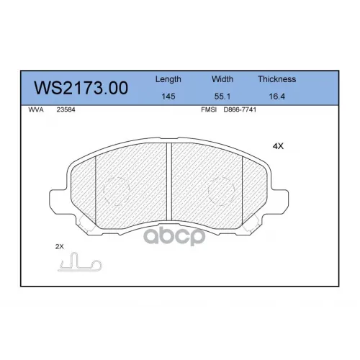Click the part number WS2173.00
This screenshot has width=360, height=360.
[x=81, y=88]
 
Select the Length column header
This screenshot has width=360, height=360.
[x=168, y=79]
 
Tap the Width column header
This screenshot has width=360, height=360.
[x=222, y=79]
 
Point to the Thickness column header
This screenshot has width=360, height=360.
[x=276, y=79]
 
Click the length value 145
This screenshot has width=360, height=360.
[x=168, y=96]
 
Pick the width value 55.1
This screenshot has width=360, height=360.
[x=222, y=96]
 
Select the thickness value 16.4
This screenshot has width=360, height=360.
[x=276, y=96]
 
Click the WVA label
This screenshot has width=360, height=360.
[x=36, y=109]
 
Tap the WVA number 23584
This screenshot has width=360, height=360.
[x=66, y=109]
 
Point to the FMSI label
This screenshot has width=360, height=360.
[x=209, y=109]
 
